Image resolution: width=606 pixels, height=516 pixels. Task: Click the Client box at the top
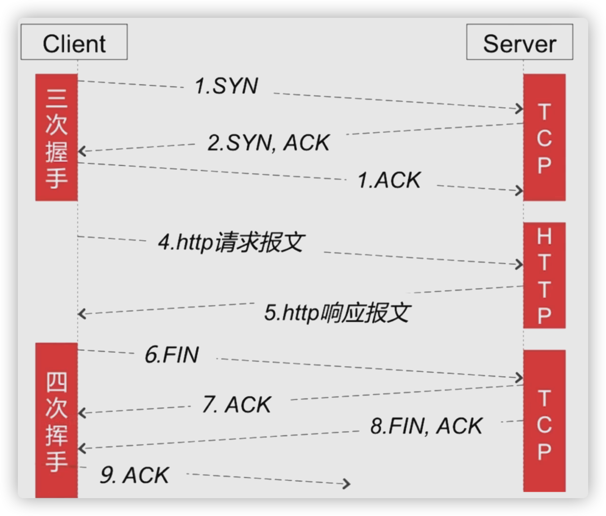[74, 43]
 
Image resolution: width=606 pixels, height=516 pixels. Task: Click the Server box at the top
[519, 43]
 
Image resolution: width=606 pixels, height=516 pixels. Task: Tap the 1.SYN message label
[226, 86]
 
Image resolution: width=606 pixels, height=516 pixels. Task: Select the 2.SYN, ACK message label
[268, 143]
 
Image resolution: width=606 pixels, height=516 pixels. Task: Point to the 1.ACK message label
[389, 180]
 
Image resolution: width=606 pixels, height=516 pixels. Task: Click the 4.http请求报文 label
[231, 243]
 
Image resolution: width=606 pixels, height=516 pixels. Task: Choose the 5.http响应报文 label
[337, 313]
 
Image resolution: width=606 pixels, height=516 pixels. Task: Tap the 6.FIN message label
[172, 355]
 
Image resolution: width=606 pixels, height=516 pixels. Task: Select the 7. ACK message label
[237, 405]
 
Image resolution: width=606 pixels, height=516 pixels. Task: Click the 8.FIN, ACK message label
[426, 426]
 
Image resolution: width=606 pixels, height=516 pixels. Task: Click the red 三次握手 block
[57, 137]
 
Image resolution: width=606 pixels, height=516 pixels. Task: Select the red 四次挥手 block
[57, 420]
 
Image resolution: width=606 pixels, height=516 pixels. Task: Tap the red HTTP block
[544, 275]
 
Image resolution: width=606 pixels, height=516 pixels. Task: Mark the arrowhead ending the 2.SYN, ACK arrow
[82, 151]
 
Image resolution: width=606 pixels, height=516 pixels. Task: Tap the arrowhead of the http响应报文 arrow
[82, 314]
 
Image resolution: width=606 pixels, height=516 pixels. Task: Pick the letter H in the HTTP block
[544, 237]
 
